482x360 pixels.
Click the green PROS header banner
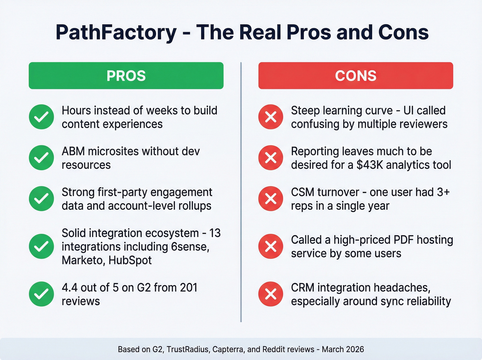click(126, 76)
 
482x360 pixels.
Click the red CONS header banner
click(356, 76)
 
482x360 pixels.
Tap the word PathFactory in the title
click(116, 33)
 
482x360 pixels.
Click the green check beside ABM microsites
click(41, 158)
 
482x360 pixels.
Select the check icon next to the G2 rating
click(41, 294)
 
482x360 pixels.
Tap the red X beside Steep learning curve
click(271, 117)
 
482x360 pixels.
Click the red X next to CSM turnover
click(271, 199)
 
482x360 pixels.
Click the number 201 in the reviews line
click(188, 288)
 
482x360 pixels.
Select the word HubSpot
click(130, 260)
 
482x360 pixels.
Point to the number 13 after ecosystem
click(215, 233)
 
